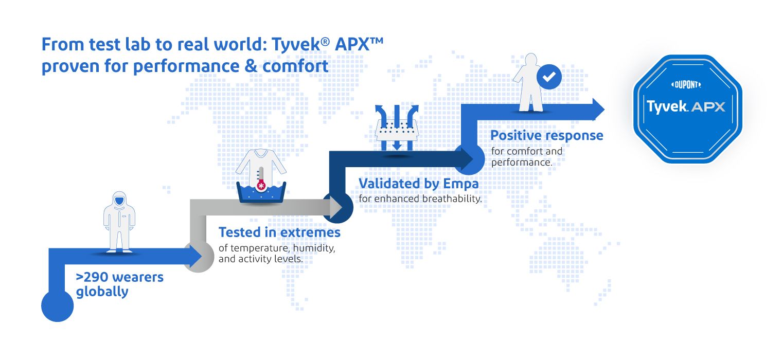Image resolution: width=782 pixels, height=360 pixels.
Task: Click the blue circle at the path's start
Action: [x=57, y=305]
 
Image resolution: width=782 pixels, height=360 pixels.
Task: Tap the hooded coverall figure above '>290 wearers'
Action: [x=119, y=222]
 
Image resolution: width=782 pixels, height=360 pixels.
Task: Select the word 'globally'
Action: [x=102, y=292]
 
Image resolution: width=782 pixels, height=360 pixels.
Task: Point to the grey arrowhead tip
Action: [x=342, y=207]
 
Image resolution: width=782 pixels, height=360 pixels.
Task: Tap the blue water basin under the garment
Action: [x=261, y=192]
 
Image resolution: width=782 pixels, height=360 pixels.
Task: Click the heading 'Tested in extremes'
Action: [x=279, y=232]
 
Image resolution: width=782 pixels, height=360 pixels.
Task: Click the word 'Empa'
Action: [x=461, y=184]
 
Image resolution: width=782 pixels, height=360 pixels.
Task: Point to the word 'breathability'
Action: [x=451, y=199]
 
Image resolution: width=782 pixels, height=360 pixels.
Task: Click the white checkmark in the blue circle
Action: [x=549, y=77]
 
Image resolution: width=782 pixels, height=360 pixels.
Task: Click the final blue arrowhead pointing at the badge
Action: [x=598, y=109]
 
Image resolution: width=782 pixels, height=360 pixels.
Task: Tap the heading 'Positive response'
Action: [x=547, y=135]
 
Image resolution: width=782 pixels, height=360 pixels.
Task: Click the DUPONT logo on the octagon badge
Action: [x=686, y=85]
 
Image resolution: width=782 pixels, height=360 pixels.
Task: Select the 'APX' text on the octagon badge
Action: [x=708, y=107]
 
